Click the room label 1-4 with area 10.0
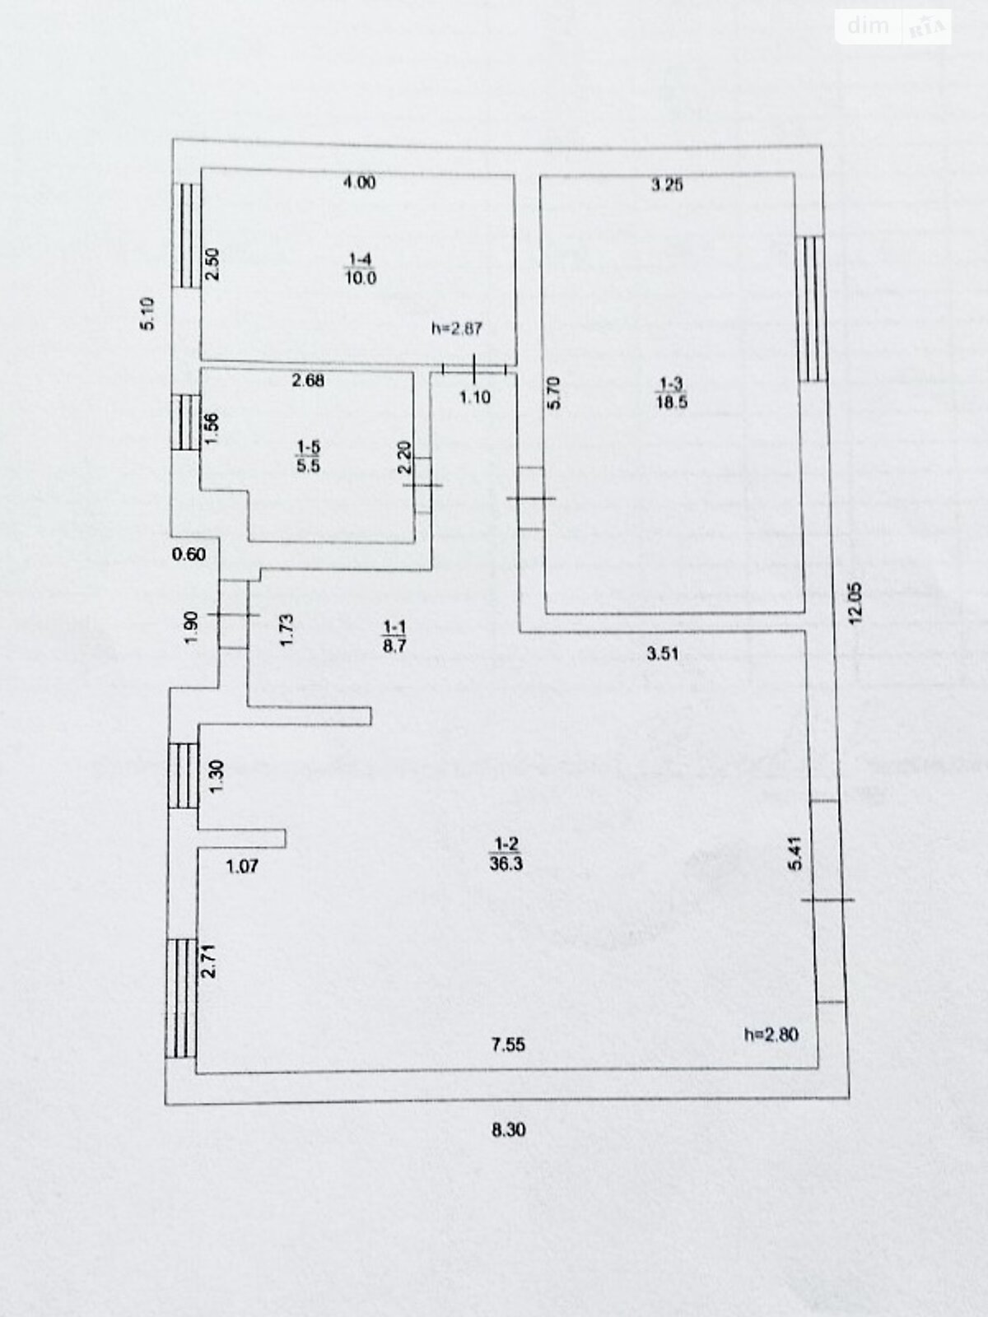(360, 269)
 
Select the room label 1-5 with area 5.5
(308, 456)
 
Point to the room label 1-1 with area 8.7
(394, 637)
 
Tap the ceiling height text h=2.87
(456, 328)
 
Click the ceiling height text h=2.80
(771, 1035)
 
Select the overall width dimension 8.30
(508, 1130)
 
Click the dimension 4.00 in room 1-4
(359, 184)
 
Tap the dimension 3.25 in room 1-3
(667, 185)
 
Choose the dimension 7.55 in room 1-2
(508, 1045)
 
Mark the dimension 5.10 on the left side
(147, 314)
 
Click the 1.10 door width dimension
(474, 398)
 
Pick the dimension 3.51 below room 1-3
(663, 654)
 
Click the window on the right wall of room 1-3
(813, 309)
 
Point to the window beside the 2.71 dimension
(180, 998)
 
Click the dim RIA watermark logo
(893, 27)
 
